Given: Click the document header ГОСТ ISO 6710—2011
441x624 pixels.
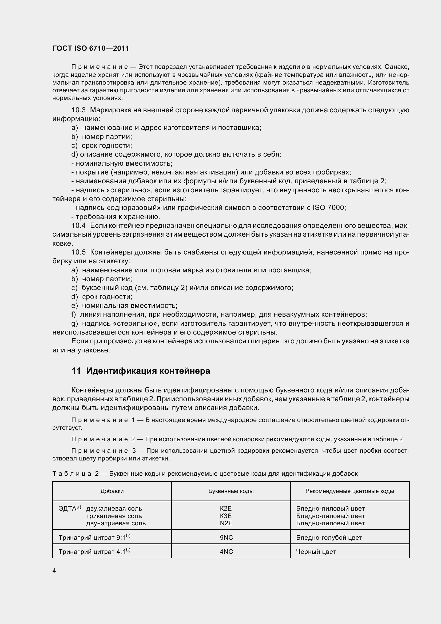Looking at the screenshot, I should click(x=91, y=48).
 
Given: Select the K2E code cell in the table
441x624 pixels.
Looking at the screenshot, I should click(x=226, y=508).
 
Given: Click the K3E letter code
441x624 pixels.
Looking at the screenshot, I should click(x=226, y=516).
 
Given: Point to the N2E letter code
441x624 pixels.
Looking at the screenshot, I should click(x=226, y=523).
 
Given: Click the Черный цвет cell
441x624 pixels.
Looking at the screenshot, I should click(x=316, y=552).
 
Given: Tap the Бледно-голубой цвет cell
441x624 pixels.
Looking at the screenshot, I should click(x=329, y=537).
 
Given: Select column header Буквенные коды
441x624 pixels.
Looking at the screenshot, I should click(x=231, y=491).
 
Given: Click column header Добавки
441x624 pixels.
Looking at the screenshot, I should click(x=112, y=491).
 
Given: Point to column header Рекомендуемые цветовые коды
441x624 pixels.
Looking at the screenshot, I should click(x=350, y=491).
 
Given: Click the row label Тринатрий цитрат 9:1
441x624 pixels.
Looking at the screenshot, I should click(x=92, y=537).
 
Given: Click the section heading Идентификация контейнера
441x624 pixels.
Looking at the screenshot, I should click(x=148, y=371).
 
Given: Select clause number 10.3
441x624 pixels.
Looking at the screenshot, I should click(x=78, y=110).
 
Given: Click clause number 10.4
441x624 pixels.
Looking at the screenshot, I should click(x=78, y=226).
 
